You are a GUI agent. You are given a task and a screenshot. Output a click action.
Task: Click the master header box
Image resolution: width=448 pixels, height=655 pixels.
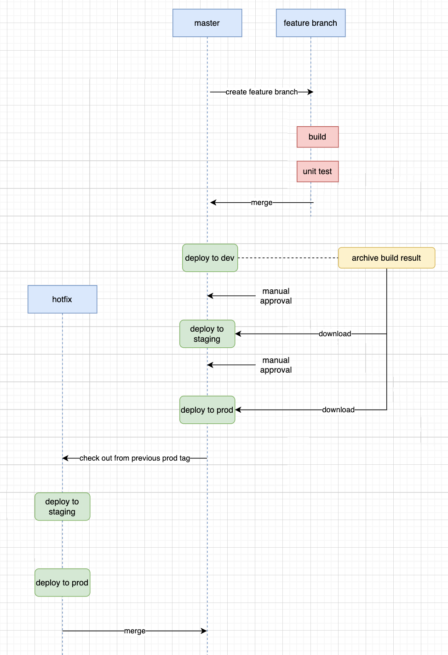pyautogui.click(x=207, y=23)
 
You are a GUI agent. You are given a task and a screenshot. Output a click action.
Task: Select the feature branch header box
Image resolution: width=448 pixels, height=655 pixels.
pyautogui.click(x=310, y=23)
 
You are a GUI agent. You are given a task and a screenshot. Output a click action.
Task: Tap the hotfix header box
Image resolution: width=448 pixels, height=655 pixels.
pyautogui.click(x=62, y=299)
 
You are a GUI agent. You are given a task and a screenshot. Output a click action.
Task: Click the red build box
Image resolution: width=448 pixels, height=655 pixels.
pyautogui.click(x=317, y=137)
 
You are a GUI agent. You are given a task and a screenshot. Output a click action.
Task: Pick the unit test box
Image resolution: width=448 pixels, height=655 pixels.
pyautogui.click(x=317, y=171)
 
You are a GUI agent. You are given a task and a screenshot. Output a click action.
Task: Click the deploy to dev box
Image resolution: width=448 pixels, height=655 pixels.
pyautogui.click(x=210, y=258)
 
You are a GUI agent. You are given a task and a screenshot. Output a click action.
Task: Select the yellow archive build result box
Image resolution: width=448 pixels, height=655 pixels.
pyautogui.click(x=386, y=258)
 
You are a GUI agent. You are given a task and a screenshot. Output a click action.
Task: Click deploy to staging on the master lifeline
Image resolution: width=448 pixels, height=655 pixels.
pyautogui.click(x=207, y=334)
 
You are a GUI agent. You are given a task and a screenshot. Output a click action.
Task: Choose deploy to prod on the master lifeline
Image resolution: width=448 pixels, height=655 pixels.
pyautogui.click(x=207, y=410)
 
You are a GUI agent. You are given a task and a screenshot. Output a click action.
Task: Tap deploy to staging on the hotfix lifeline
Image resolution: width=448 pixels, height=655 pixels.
pyautogui.click(x=62, y=507)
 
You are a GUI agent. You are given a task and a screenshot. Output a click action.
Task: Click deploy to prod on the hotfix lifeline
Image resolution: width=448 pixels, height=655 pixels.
pyautogui.click(x=62, y=583)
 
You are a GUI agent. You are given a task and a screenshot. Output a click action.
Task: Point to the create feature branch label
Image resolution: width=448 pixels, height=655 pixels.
pyautogui.click(x=261, y=92)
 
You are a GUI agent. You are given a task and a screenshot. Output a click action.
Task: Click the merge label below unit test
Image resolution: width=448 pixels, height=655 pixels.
pyautogui.click(x=262, y=203)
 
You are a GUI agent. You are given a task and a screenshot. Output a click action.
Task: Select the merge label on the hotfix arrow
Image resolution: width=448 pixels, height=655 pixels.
pyautogui.click(x=135, y=631)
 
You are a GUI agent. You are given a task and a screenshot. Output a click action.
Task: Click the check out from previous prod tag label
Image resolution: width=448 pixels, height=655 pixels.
pyautogui.click(x=135, y=458)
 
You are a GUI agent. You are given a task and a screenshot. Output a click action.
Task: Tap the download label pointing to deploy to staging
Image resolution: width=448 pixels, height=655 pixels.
pyautogui.click(x=335, y=334)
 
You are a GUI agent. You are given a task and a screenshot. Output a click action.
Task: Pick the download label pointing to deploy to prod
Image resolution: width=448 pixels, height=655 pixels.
pyautogui.click(x=338, y=410)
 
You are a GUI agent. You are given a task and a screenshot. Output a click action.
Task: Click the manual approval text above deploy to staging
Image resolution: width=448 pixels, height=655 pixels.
pyautogui.click(x=276, y=296)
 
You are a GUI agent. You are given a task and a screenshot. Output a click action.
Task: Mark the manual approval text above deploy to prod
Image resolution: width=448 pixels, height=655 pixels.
pyautogui.click(x=276, y=365)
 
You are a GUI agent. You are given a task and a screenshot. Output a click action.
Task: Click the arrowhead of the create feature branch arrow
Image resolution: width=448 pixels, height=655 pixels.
pyautogui.click(x=311, y=92)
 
